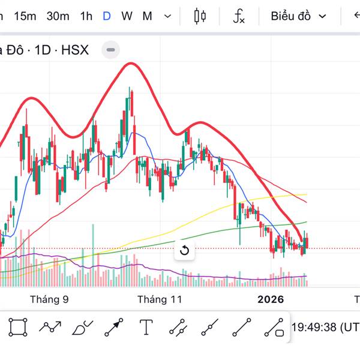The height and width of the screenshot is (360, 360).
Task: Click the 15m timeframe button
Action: coord(25,16)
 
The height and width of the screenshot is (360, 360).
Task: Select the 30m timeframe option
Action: coord(58,16)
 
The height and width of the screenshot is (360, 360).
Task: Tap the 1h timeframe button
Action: coord(86,16)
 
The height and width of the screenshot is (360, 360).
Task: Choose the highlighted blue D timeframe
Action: coord(106,16)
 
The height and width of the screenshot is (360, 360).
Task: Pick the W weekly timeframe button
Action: coord(127,16)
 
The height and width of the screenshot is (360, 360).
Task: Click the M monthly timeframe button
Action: coord(147,16)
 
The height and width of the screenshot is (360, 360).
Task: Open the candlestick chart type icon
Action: coord(200,16)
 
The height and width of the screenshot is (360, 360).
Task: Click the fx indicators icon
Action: coord(239,16)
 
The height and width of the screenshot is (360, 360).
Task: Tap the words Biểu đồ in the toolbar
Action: coord(290,16)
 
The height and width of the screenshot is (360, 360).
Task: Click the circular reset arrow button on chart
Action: coord(185,251)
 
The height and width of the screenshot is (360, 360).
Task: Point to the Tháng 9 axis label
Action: coord(49,299)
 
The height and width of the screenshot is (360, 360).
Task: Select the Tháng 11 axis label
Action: coord(159,299)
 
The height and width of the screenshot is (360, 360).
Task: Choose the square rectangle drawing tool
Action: coord(18,327)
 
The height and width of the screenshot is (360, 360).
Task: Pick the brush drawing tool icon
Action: coord(82,328)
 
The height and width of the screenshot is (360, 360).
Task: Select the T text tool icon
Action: coord(146,327)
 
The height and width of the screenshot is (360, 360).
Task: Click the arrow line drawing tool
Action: coord(113,327)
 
